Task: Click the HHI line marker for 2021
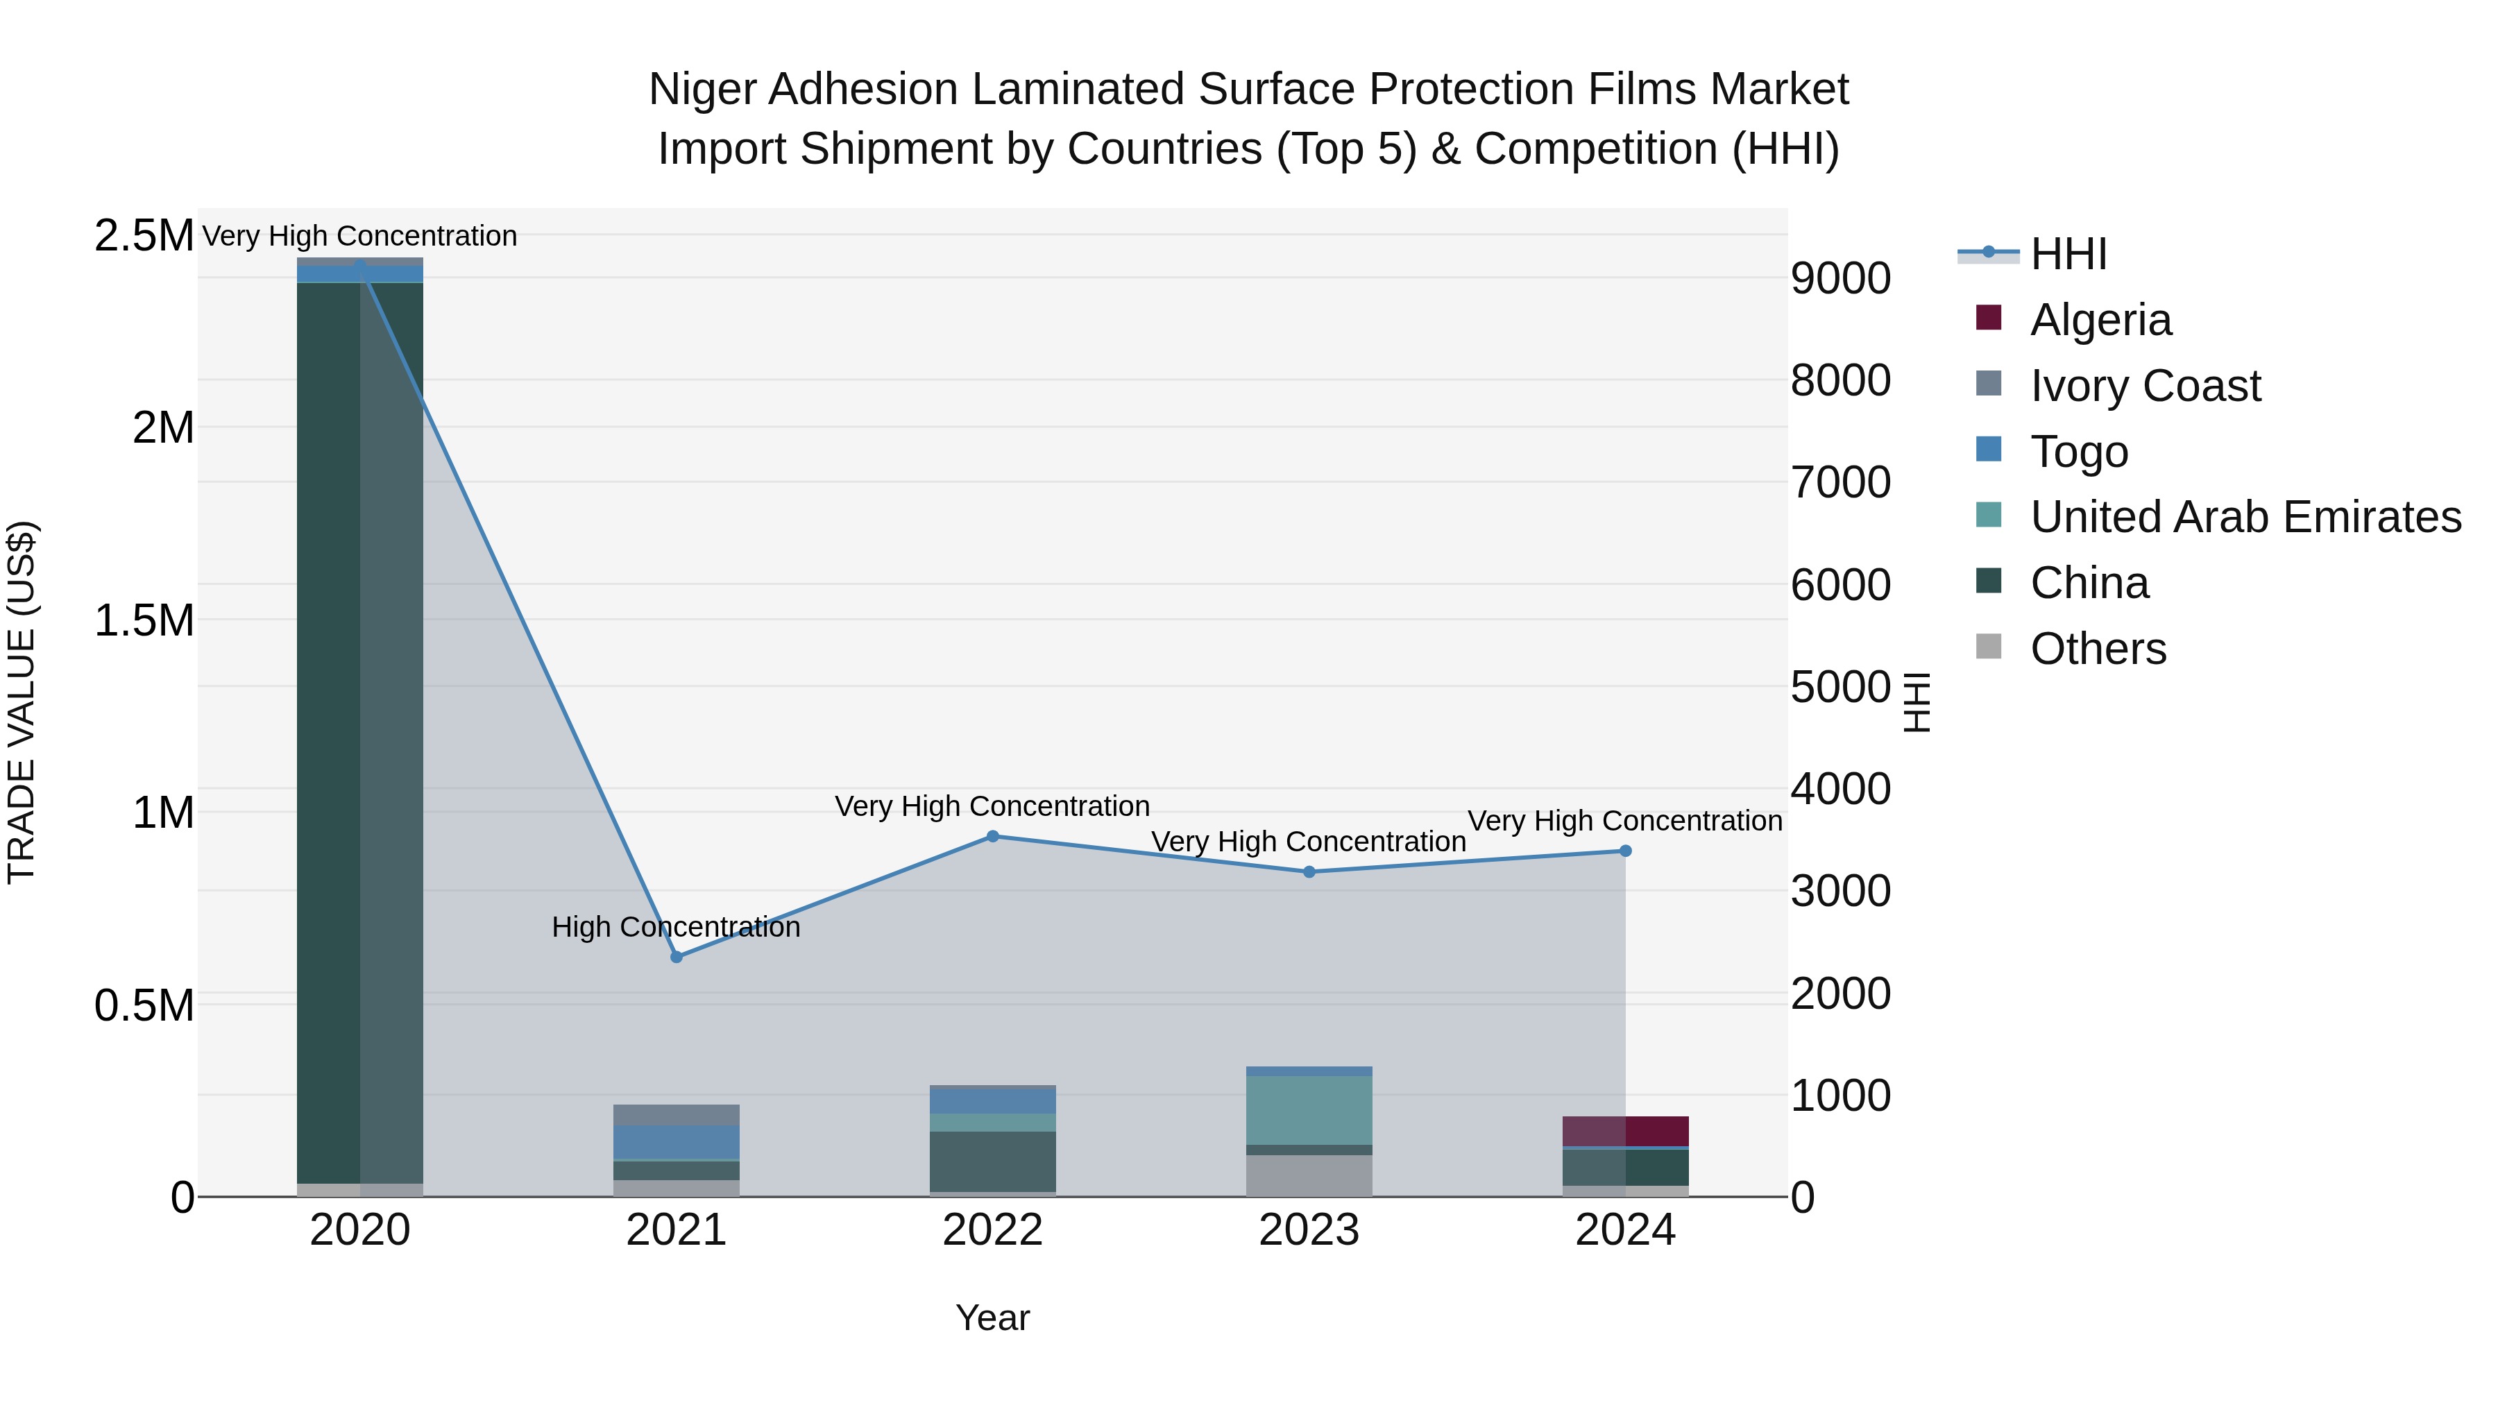677,956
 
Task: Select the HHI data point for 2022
992,836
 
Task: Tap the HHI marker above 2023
1309,871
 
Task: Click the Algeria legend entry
2100,320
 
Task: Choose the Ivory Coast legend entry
2144,386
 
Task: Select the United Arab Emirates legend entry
2244,517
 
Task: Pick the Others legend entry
2098,649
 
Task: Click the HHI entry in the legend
2068,254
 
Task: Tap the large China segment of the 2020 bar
359,727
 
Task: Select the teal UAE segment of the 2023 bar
1309,1109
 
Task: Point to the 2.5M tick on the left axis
144,236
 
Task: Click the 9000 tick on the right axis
1839,278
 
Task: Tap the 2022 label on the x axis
992,1230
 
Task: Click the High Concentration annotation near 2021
676,927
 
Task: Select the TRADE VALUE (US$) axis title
22,702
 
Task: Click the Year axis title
992,1318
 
